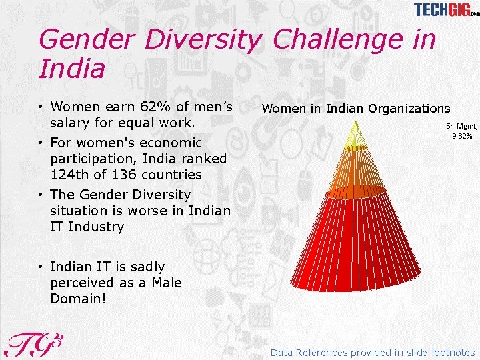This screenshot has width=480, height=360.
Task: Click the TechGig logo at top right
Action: (x=445, y=10)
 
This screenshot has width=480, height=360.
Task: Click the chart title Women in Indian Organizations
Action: (x=356, y=108)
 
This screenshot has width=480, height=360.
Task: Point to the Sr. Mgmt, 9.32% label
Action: (x=462, y=131)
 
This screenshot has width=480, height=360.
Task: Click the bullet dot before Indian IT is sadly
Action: (x=41, y=267)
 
